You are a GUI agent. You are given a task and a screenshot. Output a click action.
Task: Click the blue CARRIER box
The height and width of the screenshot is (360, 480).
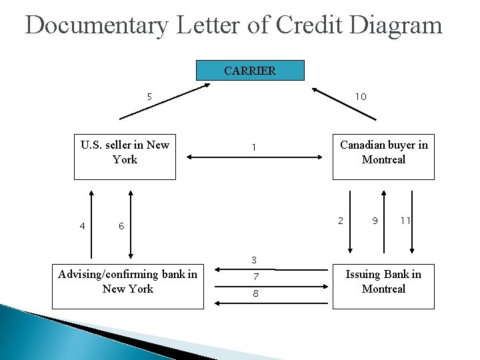click(x=250, y=71)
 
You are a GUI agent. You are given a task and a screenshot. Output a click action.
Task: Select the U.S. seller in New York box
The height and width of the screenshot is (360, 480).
click(x=125, y=159)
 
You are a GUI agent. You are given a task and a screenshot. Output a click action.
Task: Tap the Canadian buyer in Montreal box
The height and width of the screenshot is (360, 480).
click(x=383, y=159)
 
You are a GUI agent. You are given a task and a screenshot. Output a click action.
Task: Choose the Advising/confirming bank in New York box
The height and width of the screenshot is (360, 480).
click(x=127, y=287)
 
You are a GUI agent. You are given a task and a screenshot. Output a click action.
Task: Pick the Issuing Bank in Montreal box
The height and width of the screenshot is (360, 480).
click(x=383, y=287)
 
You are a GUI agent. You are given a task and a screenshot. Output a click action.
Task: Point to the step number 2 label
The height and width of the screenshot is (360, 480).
click(x=341, y=221)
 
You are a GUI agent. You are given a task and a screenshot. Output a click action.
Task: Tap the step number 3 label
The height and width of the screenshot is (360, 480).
click(x=254, y=259)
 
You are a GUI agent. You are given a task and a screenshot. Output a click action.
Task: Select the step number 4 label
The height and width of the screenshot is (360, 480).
click(x=82, y=226)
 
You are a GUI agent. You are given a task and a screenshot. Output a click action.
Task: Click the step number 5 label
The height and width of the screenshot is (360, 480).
click(x=149, y=97)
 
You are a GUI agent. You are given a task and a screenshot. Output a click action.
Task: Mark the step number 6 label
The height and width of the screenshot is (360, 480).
click(x=121, y=226)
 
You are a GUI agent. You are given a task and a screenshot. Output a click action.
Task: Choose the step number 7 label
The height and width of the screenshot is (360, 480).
click(x=255, y=277)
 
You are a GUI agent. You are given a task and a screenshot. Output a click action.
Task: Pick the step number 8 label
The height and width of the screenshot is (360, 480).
click(x=255, y=294)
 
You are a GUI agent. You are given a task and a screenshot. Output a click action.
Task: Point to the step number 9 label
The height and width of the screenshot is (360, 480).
click(x=375, y=221)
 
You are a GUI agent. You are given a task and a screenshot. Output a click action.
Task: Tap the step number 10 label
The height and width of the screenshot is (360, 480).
click(x=360, y=97)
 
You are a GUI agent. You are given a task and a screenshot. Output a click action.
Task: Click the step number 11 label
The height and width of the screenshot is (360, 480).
click(x=405, y=221)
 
